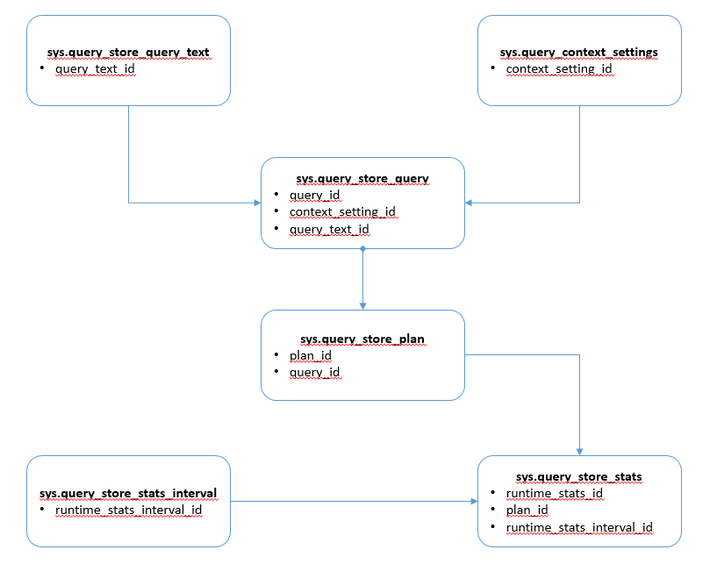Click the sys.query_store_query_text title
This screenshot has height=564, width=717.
(128, 53)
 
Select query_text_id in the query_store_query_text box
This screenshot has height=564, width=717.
(95, 69)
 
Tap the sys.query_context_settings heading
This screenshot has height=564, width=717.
(579, 53)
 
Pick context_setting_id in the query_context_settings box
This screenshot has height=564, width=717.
(559, 69)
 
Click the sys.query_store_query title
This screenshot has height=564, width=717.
(362, 179)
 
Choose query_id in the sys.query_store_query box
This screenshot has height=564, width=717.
(314, 195)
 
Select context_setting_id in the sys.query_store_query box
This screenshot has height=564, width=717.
(342, 212)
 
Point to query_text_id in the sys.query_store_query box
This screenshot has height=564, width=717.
(329, 229)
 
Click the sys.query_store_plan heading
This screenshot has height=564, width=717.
(362, 339)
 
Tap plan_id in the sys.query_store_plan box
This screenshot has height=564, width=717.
(311, 355)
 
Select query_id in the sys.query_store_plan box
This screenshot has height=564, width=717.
(314, 373)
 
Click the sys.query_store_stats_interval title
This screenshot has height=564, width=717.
(128, 494)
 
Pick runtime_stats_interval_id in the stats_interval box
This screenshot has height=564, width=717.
(128, 510)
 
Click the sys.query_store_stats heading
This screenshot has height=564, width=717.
(579, 477)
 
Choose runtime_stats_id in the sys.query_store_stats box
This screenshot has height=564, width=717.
(555, 494)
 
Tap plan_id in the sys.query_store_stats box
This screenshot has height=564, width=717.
(527, 510)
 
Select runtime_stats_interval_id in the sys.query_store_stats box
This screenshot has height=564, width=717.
(579, 527)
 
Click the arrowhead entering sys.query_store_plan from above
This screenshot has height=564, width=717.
(363, 306)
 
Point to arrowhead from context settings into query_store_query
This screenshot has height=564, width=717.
(469, 203)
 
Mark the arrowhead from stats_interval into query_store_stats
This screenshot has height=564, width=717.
(474, 502)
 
